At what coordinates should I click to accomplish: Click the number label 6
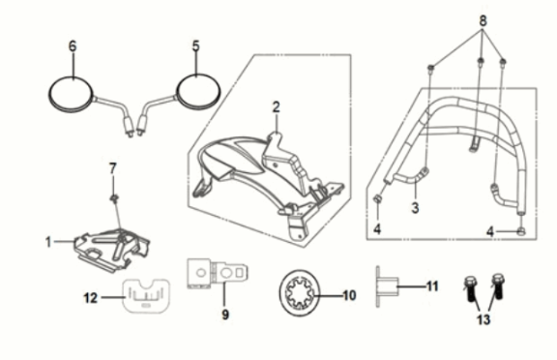72,45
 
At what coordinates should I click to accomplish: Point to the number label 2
276,105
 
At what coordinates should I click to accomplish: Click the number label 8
484,18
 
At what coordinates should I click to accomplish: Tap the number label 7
112,167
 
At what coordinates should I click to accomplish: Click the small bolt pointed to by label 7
114,200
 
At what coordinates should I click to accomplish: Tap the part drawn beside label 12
146,294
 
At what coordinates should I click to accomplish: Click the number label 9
225,315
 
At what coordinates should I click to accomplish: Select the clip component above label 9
218,275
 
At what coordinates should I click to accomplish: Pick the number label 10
349,294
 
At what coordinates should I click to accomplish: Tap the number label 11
432,287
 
